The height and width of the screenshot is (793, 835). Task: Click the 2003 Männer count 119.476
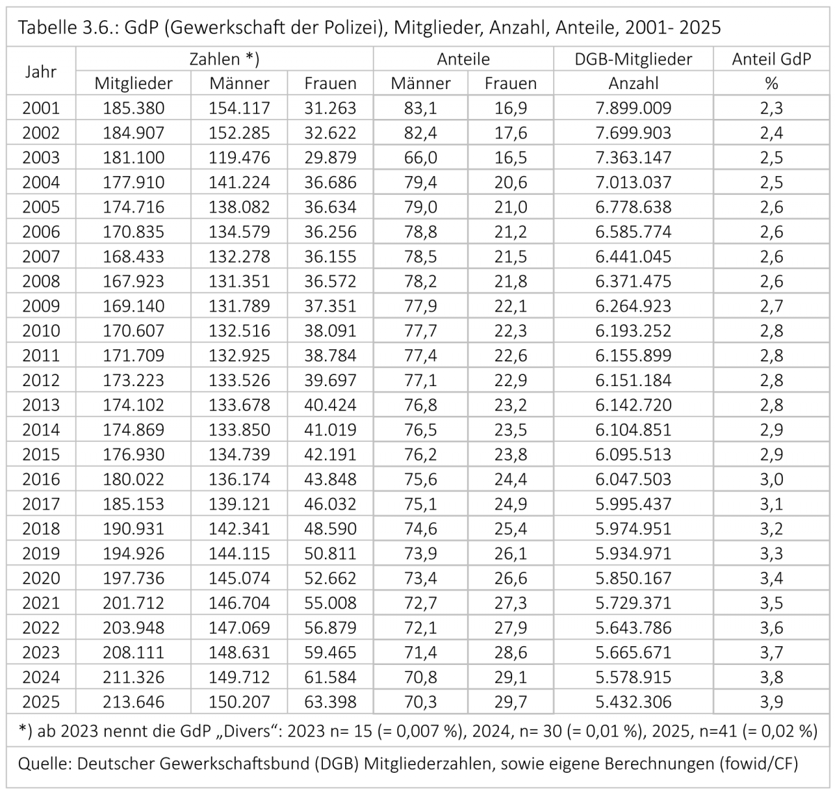pos(239,158)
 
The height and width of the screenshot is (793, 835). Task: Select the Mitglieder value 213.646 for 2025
pos(134,702)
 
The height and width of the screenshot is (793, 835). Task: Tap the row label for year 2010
pos(41,330)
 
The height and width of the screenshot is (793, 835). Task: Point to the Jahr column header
pos(41,72)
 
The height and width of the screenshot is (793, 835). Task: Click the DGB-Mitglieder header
pos(633,59)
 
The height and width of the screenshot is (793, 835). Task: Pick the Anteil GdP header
pos(771,59)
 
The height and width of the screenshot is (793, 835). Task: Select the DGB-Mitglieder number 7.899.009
pos(633,108)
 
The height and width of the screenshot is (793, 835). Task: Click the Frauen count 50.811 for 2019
pos(330,553)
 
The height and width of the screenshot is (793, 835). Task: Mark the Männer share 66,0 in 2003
pos(420,158)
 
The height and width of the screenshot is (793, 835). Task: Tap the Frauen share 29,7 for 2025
pos(511,702)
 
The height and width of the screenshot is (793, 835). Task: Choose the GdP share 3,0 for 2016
pos(771,479)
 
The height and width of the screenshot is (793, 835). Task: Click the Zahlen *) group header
pos(224,59)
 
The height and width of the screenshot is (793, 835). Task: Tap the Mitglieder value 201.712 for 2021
pos(134,602)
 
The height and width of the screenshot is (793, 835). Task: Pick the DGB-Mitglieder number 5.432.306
pos(633,702)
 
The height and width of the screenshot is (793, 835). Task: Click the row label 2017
pos(41,504)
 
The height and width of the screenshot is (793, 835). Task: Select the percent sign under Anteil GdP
pos(771,83)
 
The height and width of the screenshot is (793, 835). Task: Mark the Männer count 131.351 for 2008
pos(239,281)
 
